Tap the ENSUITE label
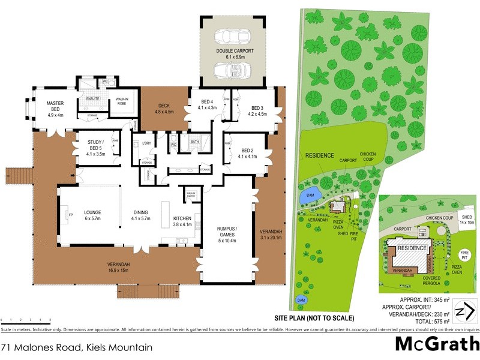(x=93, y=98)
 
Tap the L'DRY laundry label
(x=146, y=143)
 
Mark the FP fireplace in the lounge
(x=64, y=212)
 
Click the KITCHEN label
(x=182, y=221)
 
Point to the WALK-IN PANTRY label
(x=191, y=194)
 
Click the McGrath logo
(x=437, y=344)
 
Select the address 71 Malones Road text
(x=76, y=347)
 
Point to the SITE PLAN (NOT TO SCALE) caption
(x=323, y=317)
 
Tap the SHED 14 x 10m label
(x=467, y=219)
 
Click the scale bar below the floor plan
(x=26, y=321)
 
